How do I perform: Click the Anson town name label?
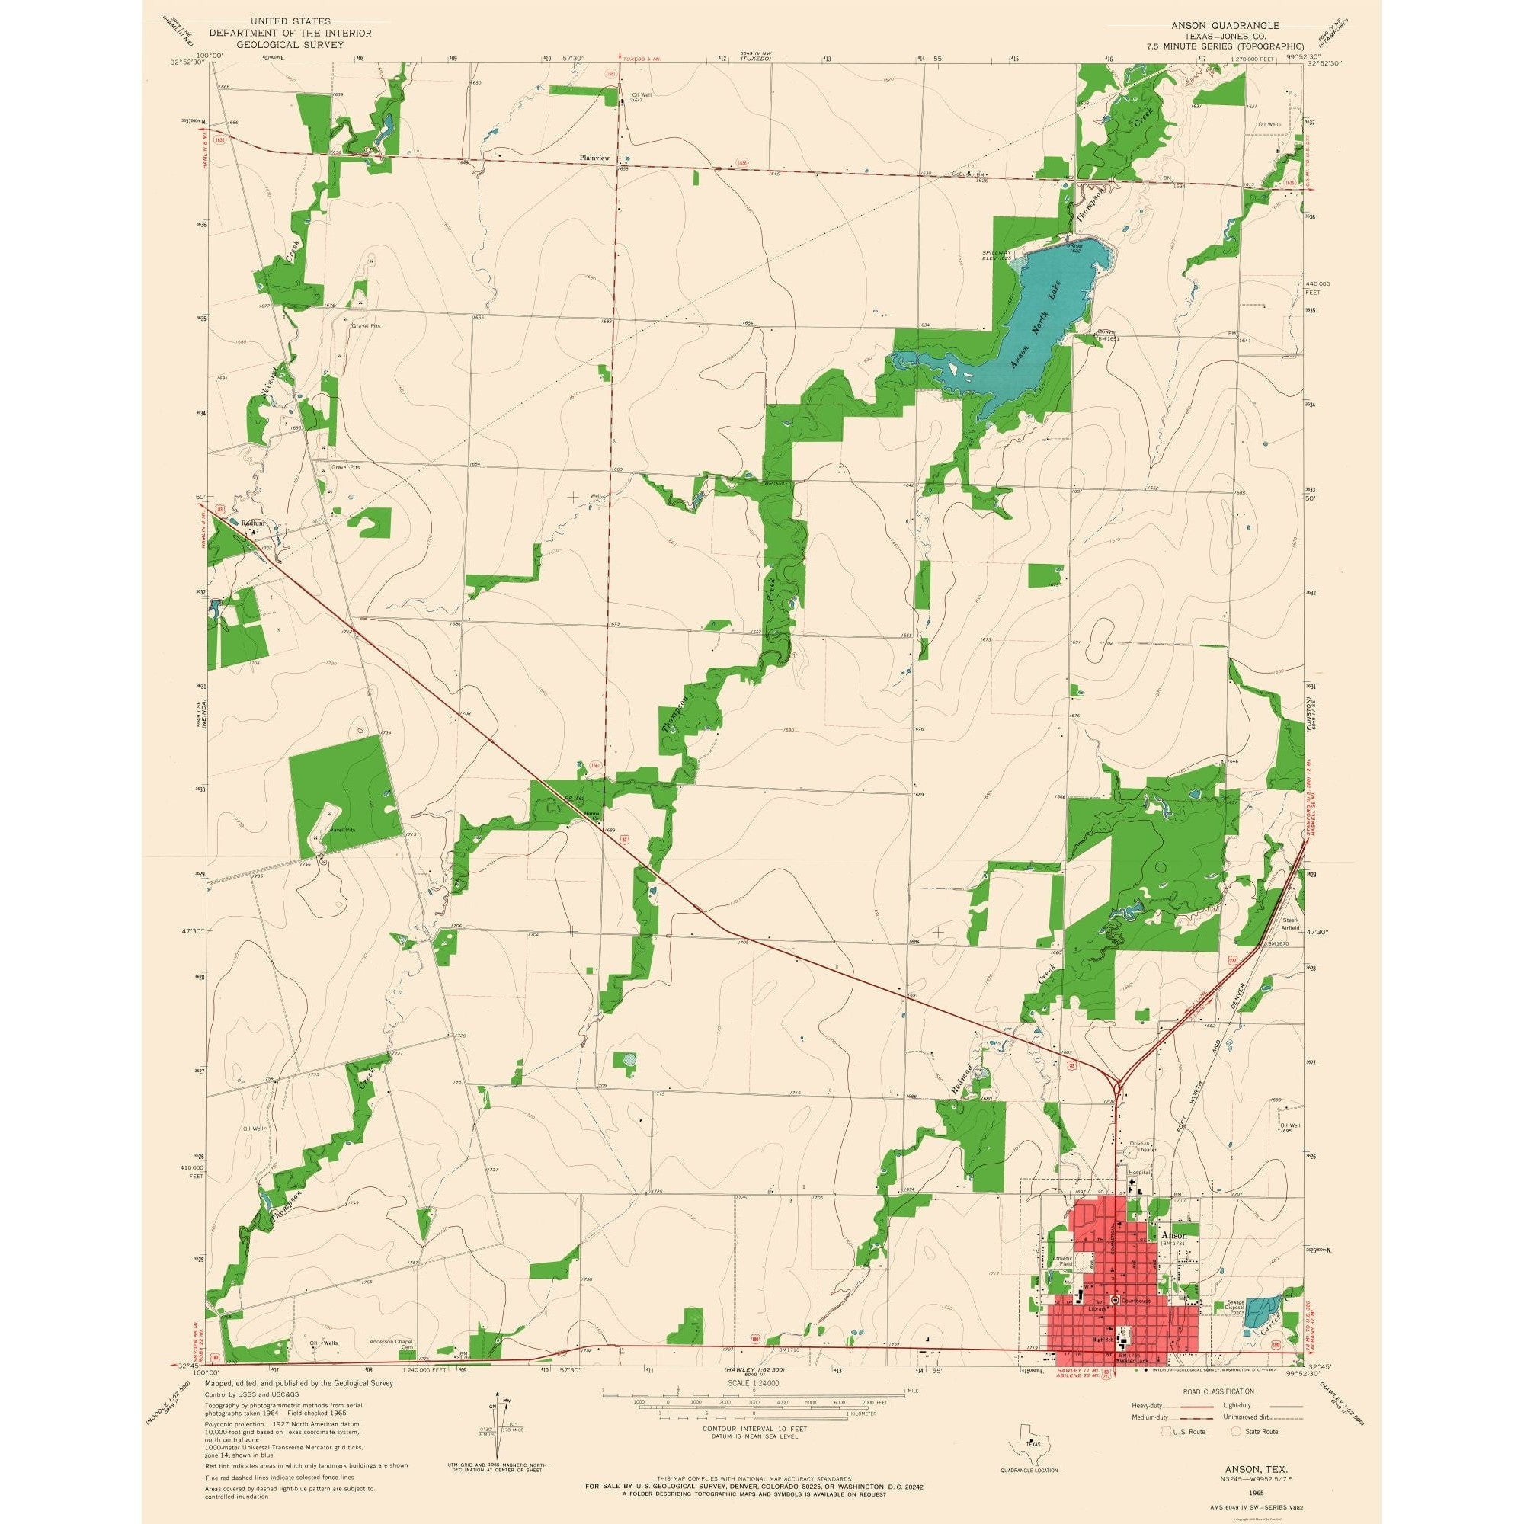coord(1174,1234)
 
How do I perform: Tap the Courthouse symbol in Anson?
coord(1115,1299)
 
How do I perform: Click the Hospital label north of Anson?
coord(1140,1195)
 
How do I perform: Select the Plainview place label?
coord(595,158)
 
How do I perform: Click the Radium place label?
coord(252,523)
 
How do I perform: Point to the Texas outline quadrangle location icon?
coord(1026,1442)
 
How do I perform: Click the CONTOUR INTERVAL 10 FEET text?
coord(741,1429)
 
